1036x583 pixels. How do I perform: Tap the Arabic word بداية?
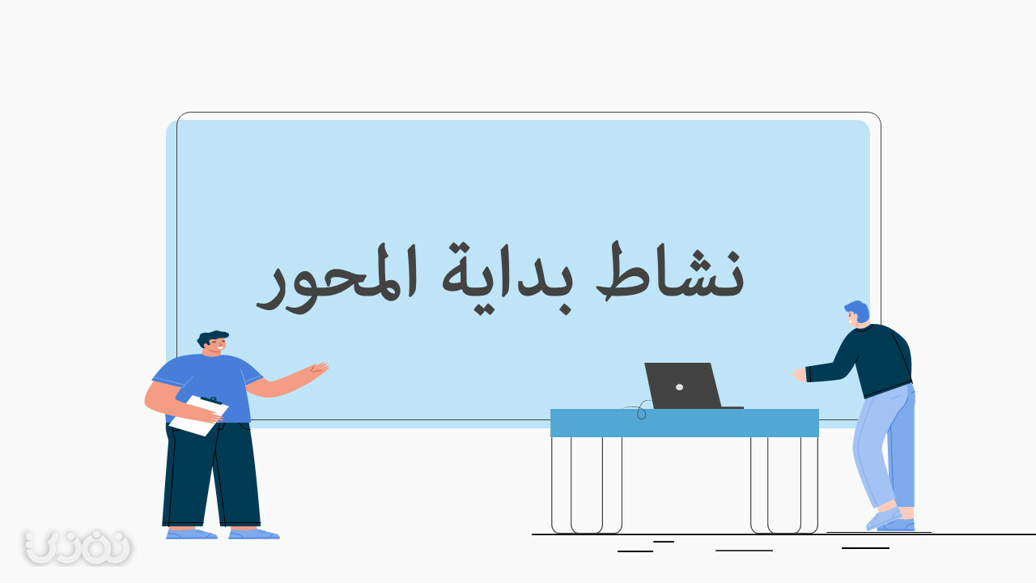pyautogui.click(x=507, y=278)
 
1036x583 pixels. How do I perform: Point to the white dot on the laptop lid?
pyautogui.click(x=679, y=387)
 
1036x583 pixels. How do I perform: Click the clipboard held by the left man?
pyautogui.click(x=199, y=415)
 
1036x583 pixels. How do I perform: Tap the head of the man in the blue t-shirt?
pyautogui.click(x=213, y=343)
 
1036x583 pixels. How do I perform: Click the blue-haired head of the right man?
pyautogui.click(x=857, y=313)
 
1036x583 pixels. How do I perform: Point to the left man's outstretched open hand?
pyautogui.click(x=319, y=369)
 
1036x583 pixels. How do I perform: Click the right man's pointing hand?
pyautogui.click(x=799, y=374)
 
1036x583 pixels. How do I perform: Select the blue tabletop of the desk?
pyautogui.click(x=685, y=423)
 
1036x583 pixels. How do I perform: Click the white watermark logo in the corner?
pyautogui.click(x=78, y=547)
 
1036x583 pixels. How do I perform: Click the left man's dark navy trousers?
pyautogui.click(x=211, y=474)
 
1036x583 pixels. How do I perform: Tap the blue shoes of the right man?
pyautogui.click(x=890, y=521)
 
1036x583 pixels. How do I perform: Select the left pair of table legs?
pyautogui.click(x=587, y=485)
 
